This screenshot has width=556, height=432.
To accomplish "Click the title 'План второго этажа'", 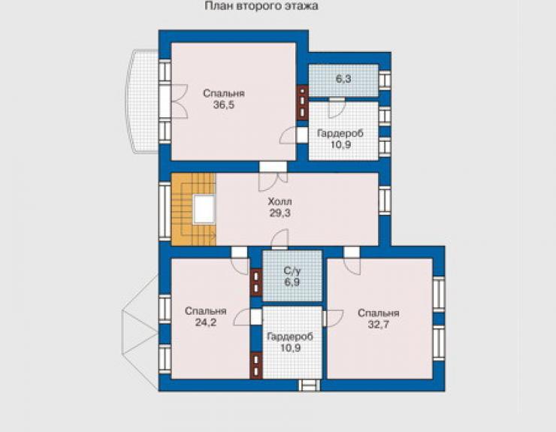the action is [261, 6].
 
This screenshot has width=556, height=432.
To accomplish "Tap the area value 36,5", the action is [224, 105].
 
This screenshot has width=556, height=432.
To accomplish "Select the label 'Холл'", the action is [280, 201].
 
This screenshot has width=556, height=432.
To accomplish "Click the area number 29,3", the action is [280, 213].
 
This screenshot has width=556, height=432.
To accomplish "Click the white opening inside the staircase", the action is [204, 210].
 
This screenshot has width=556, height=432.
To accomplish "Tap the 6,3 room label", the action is [343, 79].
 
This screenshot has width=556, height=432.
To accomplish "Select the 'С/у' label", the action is [292, 271].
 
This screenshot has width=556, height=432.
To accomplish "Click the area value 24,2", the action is [206, 322].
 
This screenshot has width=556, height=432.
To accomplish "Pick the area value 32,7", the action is [379, 325].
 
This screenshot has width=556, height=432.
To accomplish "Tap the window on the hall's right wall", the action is [385, 201].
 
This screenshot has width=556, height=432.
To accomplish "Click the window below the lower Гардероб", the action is [309, 385].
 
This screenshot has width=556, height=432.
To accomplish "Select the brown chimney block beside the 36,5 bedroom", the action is [302, 102].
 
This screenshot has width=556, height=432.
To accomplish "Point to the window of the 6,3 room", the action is [385, 79].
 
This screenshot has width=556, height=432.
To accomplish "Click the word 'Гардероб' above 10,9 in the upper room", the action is [340, 134].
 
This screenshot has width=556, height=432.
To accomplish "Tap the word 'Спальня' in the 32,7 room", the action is [379, 313].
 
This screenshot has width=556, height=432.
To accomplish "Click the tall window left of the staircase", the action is [165, 211].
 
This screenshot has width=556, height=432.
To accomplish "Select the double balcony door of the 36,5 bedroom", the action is [174, 101].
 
